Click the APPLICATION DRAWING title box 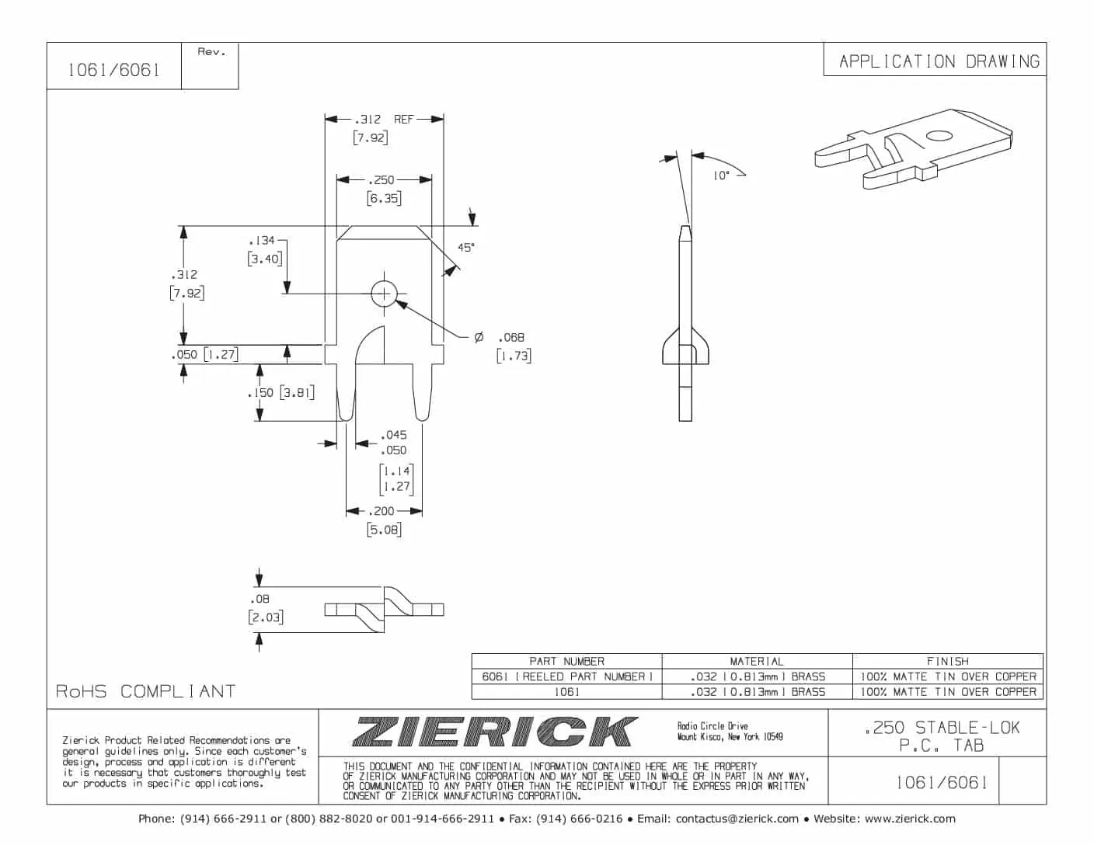tap(939, 61)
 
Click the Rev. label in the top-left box tap(211, 52)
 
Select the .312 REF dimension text tap(384, 120)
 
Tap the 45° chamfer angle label tap(465, 248)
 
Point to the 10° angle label tap(721, 176)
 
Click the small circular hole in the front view tap(384, 294)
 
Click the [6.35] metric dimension tap(384, 199)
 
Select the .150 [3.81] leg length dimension tap(281, 393)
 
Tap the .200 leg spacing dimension tap(382, 511)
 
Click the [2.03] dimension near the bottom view tap(266, 617)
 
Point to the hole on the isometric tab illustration tap(939, 136)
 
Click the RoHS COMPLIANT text tap(145, 691)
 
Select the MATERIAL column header tap(757, 662)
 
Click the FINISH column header tap(947, 662)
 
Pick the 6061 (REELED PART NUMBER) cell tap(566, 676)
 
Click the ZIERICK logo tap(495, 732)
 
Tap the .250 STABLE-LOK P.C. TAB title tap(942, 736)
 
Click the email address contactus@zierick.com tap(737, 819)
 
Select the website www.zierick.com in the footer tap(909, 819)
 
